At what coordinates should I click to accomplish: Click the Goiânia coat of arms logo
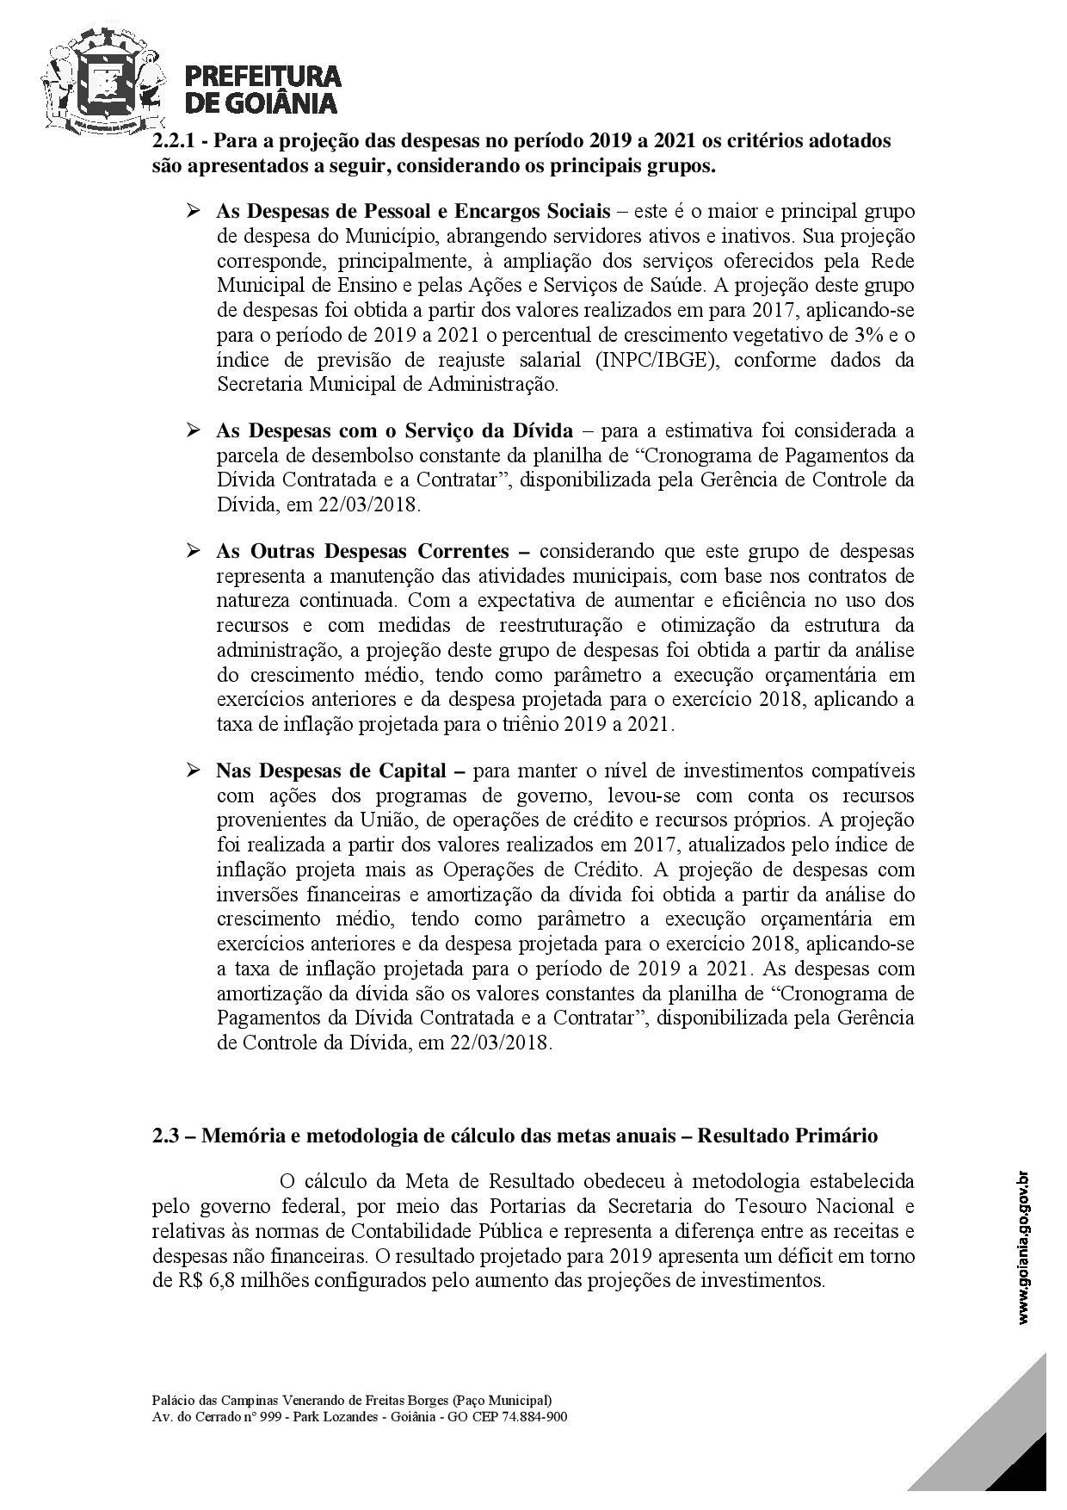[x=103, y=79]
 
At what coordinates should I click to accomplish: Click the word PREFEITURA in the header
[x=263, y=76]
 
